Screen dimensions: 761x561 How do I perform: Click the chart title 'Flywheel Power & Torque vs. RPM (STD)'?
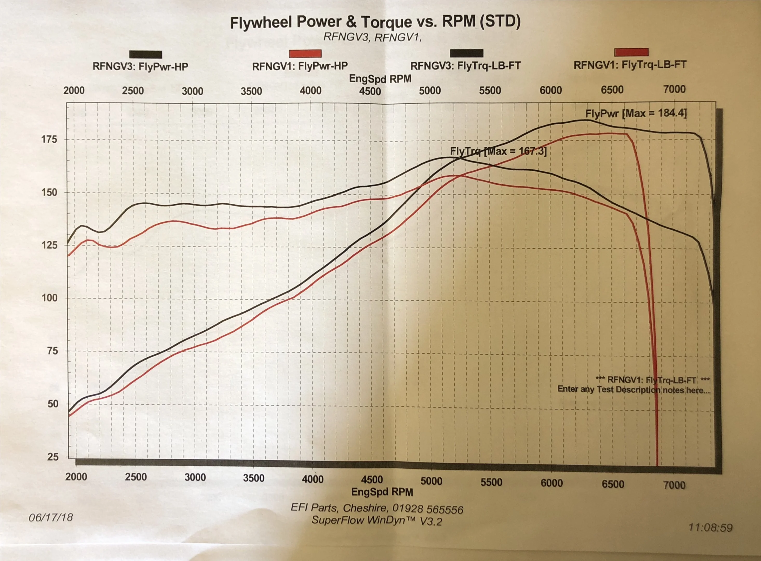(375, 22)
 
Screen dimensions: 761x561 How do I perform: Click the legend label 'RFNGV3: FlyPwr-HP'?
(140, 66)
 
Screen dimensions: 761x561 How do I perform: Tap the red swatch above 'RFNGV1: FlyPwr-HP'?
(305, 53)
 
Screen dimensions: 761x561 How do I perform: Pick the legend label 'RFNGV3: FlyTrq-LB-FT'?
(465, 65)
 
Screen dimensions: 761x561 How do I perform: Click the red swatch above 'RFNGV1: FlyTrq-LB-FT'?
(631, 52)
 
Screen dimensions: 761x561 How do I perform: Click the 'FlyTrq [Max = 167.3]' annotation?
(498, 151)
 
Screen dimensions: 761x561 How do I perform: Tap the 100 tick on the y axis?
(49, 298)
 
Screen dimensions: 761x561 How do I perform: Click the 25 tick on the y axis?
(53, 457)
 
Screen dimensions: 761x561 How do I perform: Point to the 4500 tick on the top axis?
(370, 91)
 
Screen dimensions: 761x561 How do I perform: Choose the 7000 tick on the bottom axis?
(675, 485)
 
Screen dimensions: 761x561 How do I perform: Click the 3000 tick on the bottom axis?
(195, 477)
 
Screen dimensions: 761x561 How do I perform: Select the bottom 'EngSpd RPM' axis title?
(382, 492)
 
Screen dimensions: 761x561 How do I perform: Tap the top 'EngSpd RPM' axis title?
(380, 79)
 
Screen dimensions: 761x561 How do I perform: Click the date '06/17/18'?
(51, 517)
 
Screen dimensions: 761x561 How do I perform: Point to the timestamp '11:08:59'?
(710, 527)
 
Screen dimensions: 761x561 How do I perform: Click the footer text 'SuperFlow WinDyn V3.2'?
(377, 520)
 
